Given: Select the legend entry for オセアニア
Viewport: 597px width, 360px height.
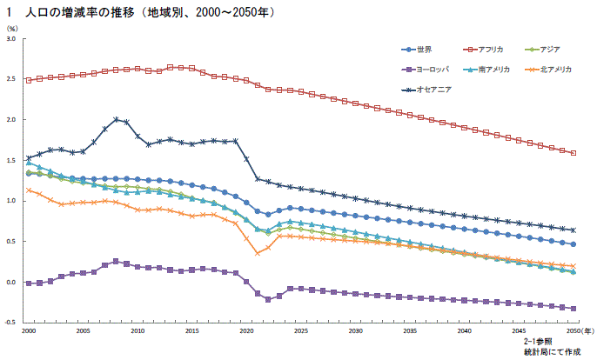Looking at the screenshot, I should pyautogui.click(x=426, y=89).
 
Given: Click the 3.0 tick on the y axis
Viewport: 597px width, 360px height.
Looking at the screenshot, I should pyautogui.click(x=11, y=39).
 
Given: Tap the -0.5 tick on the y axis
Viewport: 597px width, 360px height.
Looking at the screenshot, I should pyautogui.click(x=10, y=323).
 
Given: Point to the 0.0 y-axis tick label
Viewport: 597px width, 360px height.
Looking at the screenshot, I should pyautogui.click(x=11, y=283).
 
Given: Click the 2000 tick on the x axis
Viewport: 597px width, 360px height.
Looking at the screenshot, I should pyautogui.click(x=29, y=331).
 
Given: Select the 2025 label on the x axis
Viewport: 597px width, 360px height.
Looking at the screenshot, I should pyautogui.click(x=301, y=331).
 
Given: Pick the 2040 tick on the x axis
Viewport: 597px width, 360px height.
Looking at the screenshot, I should pyautogui.click(x=464, y=331).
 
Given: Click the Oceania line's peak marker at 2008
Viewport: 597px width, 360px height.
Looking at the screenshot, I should pyautogui.click(x=116, y=119).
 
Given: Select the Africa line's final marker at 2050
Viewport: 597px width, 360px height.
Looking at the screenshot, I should pyautogui.click(x=574, y=153).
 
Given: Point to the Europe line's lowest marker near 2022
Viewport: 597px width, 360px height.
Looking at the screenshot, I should pyautogui.click(x=268, y=299).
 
